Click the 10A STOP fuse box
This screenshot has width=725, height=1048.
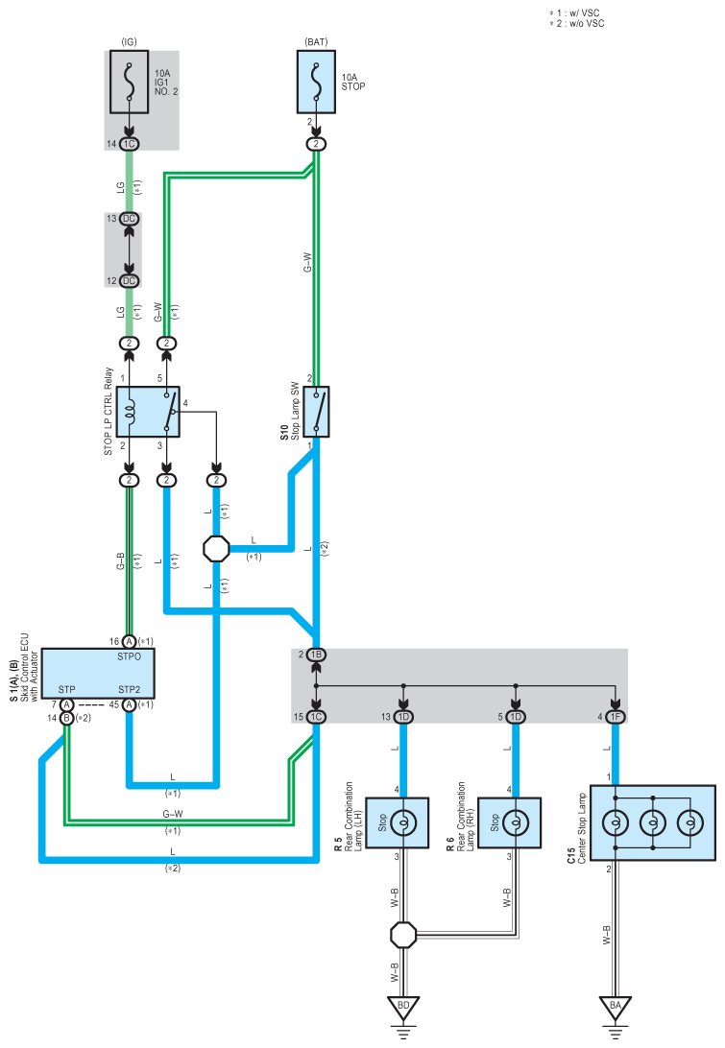(x=316, y=82)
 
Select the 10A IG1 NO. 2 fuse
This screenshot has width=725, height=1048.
(x=129, y=82)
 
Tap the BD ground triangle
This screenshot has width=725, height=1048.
(x=403, y=1007)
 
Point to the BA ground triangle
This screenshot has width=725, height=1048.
(x=616, y=1007)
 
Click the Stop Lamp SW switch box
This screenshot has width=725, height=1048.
(x=316, y=412)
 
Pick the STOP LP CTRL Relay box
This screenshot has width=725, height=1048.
(x=148, y=412)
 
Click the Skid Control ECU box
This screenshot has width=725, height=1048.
(x=98, y=673)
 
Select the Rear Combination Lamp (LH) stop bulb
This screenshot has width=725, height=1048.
(x=403, y=822)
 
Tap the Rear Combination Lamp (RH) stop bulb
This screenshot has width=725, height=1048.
(x=515, y=822)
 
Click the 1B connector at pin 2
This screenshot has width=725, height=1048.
(x=316, y=655)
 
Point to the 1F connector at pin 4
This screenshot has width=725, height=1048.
(x=616, y=717)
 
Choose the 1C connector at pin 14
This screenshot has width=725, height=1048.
(x=129, y=144)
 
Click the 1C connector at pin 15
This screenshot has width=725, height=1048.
(x=316, y=717)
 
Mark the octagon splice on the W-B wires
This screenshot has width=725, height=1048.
(x=403, y=935)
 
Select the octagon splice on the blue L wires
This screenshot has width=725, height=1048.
(x=216, y=549)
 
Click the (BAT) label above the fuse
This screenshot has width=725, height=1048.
(x=316, y=42)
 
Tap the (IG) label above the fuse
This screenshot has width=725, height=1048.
(x=129, y=42)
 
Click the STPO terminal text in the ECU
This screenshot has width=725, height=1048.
(x=129, y=656)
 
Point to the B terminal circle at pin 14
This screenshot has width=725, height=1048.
(x=67, y=718)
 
